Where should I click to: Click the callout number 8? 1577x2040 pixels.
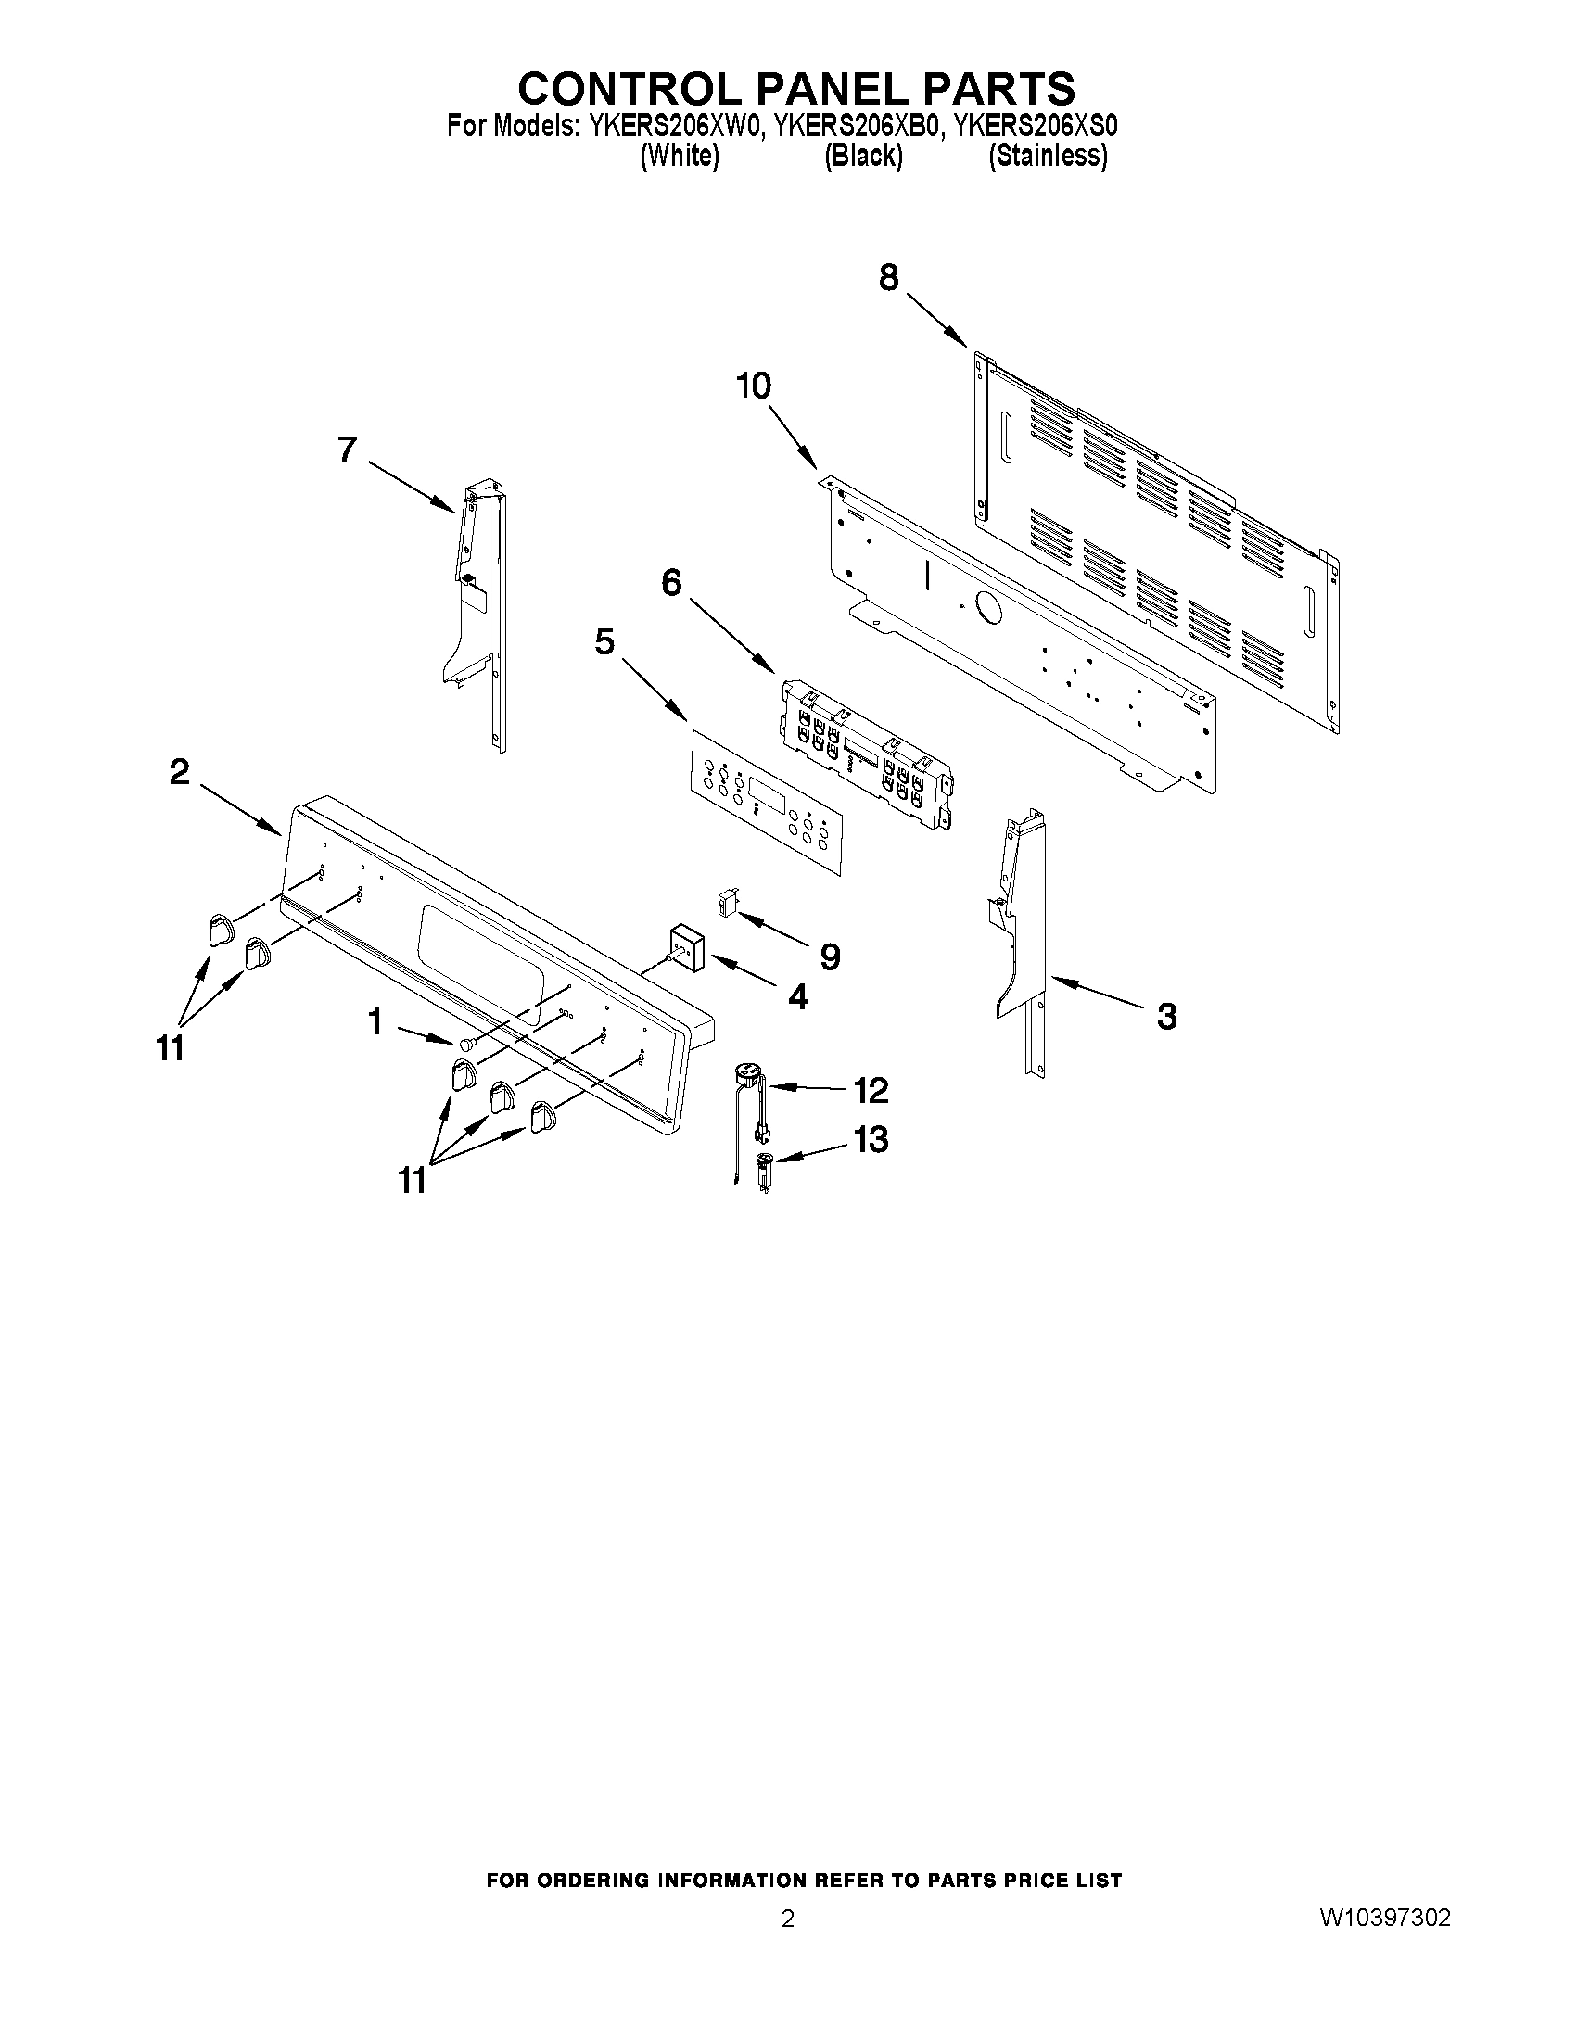point(888,277)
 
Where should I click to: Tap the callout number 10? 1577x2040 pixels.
point(754,386)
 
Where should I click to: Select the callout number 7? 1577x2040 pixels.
point(347,450)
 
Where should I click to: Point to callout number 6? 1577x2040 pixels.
point(671,584)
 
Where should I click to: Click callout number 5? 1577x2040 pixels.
point(604,642)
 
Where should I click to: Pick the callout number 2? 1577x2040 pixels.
point(178,771)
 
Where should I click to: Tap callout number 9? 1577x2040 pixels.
point(829,956)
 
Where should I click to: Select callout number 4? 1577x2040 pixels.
point(797,997)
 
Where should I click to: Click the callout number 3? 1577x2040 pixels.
point(1166,1016)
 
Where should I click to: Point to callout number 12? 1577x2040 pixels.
point(870,1090)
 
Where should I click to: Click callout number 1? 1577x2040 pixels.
point(375,1023)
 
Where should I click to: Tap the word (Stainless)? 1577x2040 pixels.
point(1049,156)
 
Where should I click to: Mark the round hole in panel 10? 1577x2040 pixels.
point(986,608)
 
